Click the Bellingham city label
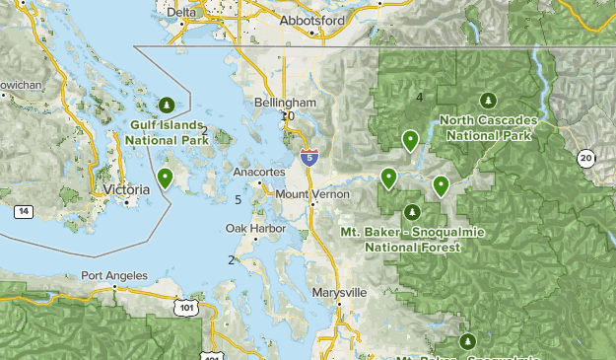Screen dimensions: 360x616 [284, 103]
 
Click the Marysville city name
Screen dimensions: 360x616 [338, 293]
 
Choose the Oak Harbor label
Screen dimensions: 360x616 [255, 229]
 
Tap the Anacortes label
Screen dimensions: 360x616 [259, 172]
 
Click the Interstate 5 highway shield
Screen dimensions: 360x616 [309, 155]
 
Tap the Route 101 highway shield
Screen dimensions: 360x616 [185, 309]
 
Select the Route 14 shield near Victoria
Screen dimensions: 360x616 [23, 211]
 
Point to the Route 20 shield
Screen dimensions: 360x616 [586, 158]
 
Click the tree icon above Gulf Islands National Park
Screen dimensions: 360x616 [167, 104]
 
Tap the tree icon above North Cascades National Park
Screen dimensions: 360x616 [487, 100]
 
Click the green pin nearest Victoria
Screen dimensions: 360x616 [166, 178]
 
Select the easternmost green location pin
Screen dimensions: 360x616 [441, 184]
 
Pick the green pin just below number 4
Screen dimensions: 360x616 [410, 140]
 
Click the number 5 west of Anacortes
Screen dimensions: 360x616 [239, 200]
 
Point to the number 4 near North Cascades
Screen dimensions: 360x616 [420, 97]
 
